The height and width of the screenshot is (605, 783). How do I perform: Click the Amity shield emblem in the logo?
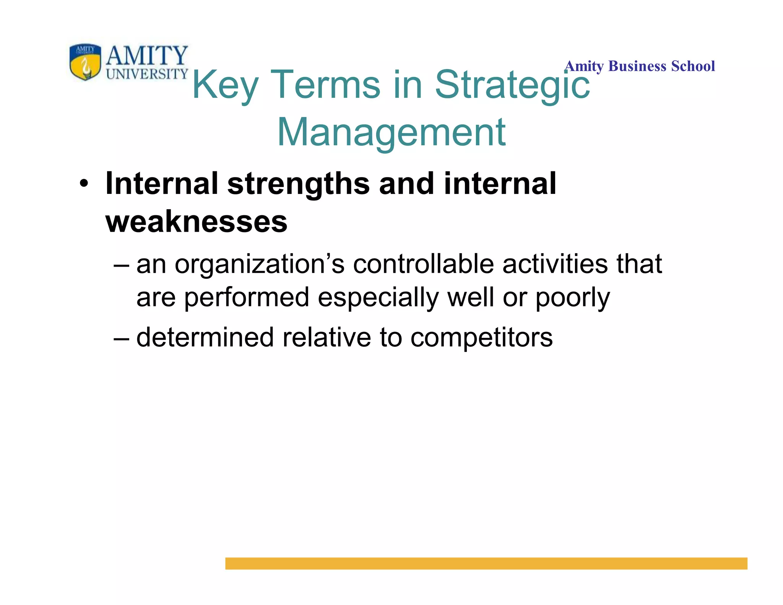click(85, 61)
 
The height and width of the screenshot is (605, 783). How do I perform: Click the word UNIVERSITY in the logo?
click(147, 74)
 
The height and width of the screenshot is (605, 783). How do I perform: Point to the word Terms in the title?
click(327, 85)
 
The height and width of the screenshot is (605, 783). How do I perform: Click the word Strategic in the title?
click(512, 85)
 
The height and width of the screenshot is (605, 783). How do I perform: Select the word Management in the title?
click(391, 132)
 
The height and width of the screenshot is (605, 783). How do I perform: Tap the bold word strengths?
click(298, 184)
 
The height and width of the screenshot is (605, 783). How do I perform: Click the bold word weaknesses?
click(196, 222)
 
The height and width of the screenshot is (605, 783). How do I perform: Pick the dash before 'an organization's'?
click(122, 265)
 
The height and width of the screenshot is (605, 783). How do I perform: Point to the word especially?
click(378, 298)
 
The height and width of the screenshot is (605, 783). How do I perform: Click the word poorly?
click(572, 298)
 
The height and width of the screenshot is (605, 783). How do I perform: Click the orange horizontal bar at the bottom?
click(486, 563)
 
